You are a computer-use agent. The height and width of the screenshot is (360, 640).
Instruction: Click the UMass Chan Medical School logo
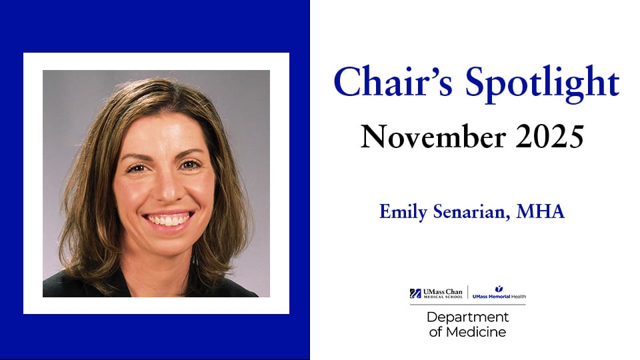[x=437, y=293]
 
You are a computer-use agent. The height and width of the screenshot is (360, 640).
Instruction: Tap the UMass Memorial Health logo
[x=499, y=293]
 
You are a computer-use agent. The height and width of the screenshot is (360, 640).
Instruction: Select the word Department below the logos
[x=467, y=317]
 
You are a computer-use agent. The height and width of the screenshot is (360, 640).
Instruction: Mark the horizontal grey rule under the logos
[x=467, y=305]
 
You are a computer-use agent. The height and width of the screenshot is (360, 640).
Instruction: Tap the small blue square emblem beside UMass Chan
[x=415, y=293]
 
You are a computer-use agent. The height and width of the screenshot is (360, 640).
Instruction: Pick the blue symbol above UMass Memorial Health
[x=499, y=288]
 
